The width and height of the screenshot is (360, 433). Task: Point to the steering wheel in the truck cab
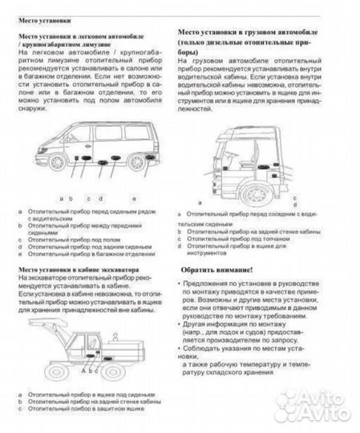(x=233, y=160)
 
